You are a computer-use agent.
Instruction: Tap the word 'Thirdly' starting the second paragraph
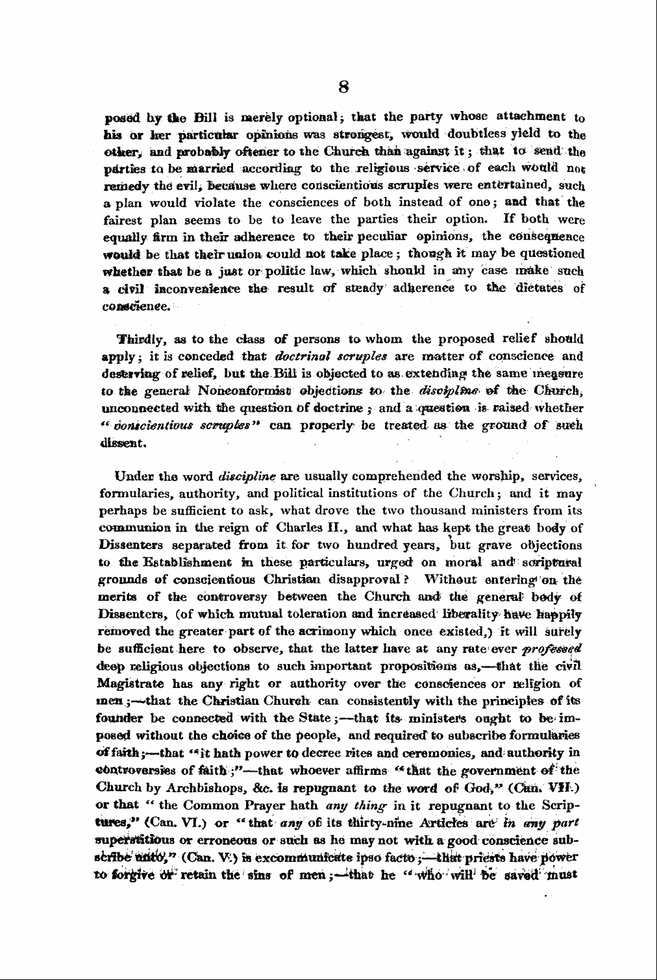coord(137,339)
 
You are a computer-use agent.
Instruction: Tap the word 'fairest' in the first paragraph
coord(124,219)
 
